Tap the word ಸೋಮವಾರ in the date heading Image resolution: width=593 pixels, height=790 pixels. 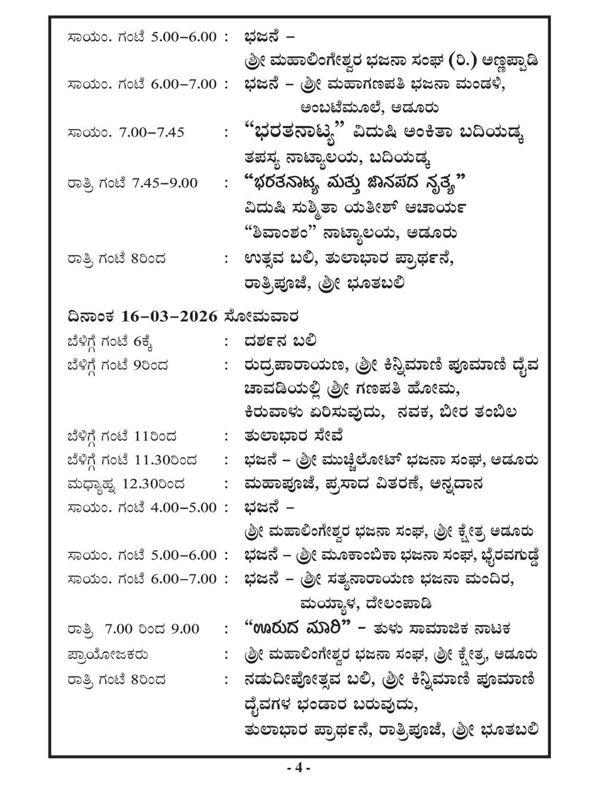click(x=261, y=317)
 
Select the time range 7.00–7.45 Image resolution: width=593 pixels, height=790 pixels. click(x=152, y=132)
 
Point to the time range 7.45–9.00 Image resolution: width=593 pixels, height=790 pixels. click(x=165, y=183)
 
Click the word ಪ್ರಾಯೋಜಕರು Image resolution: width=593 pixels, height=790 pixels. click(x=108, y=654)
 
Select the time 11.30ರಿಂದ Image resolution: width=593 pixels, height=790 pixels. click(x=165, y=460)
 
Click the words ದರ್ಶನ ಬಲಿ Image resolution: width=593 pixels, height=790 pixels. click(x=280, y=341)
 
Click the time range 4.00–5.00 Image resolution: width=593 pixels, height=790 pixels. click(x=183, y=508)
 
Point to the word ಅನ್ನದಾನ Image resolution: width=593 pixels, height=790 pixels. click(x=457, y=484)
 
